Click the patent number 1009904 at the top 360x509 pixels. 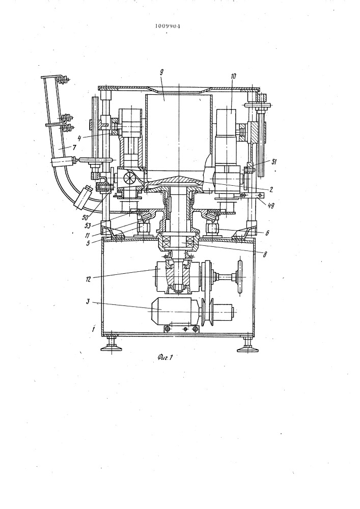(167, 26)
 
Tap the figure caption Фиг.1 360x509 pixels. (164, 357)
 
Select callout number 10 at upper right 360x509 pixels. (234, 76)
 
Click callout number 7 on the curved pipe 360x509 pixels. (74, 148)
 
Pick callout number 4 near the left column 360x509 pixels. (79, 139)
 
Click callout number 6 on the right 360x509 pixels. (267, 233)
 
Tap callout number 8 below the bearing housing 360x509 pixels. (265, 255)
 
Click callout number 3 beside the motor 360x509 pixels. (88, 301)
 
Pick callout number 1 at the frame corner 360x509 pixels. (94, 328)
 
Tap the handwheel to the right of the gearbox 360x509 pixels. (240, 277)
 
